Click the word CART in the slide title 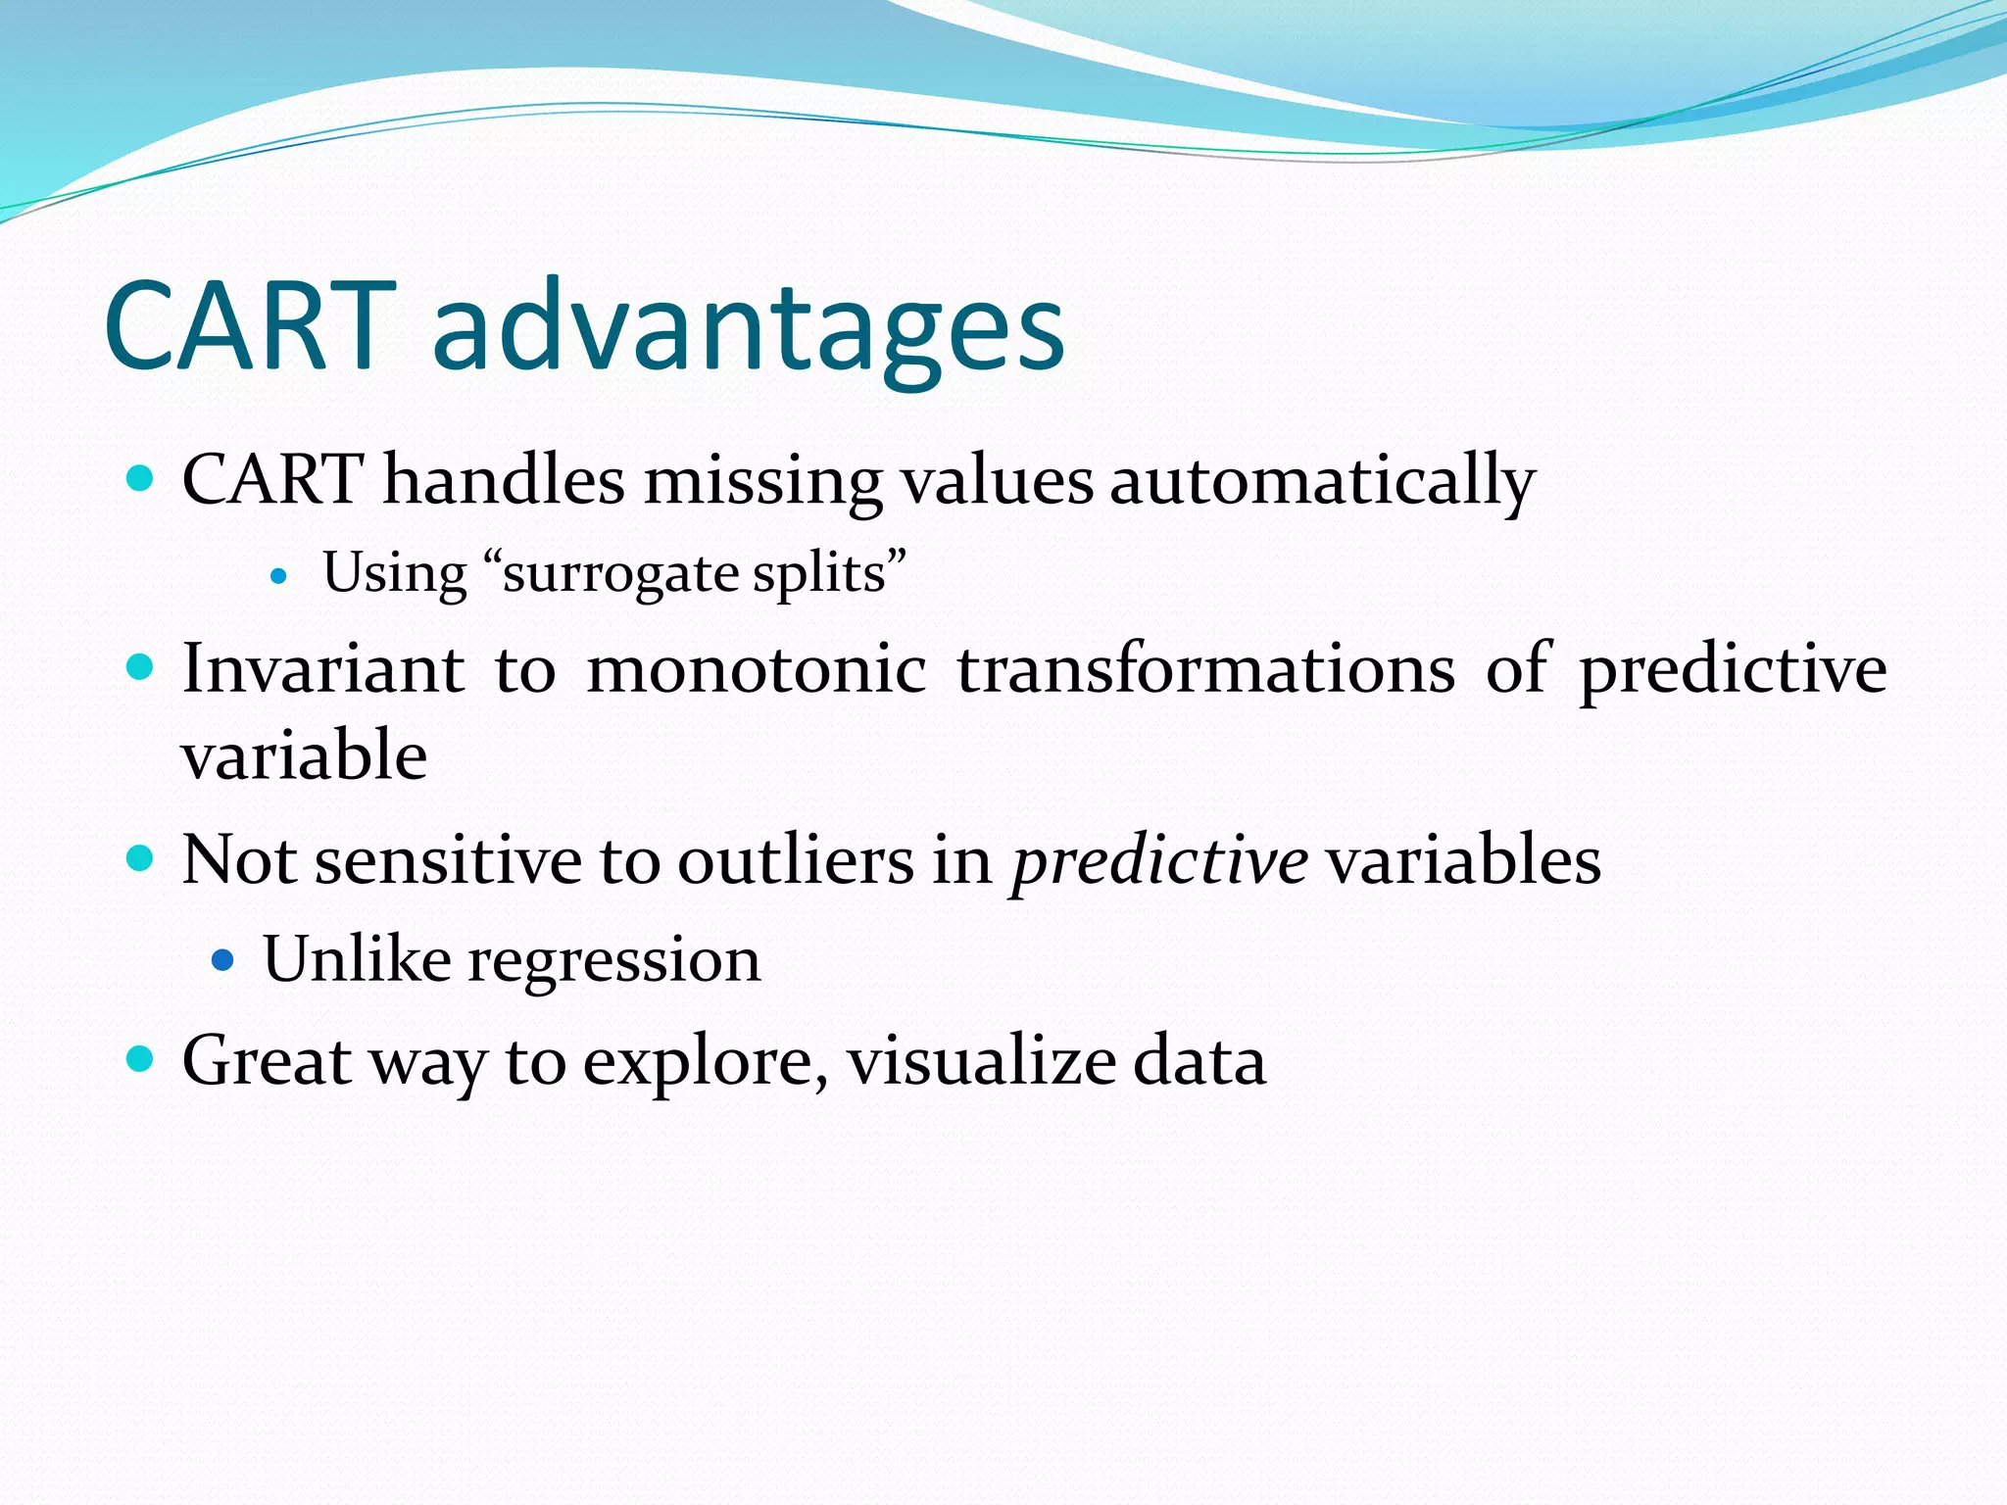click(250, 326)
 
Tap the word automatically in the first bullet click(1322, 482)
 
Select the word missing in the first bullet click(763, 482)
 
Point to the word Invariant click(323, 669)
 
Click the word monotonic click(756, 669)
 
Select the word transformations click(1205, 669)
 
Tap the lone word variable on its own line click(304, 756)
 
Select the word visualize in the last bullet click(981, 1061)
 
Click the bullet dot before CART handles click(141, 478)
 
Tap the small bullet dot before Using click(279, 577)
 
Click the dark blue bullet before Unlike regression click(223, 959)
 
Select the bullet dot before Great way click(141, 1058)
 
